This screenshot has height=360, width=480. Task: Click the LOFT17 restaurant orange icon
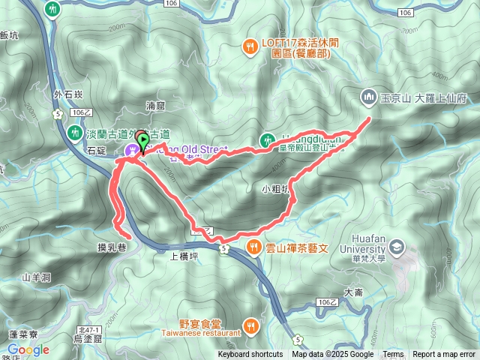249,47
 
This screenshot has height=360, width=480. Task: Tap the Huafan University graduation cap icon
396,247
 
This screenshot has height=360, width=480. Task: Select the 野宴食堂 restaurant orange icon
250,326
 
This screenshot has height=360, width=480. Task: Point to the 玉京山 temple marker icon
368,97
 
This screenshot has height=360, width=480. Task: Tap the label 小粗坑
276,188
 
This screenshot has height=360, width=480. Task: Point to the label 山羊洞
35,277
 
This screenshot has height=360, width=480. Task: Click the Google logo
28,349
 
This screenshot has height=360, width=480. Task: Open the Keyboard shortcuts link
250,355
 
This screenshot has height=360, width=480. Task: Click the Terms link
393,355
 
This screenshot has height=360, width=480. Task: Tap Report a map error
444,355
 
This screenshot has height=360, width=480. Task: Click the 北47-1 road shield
88,330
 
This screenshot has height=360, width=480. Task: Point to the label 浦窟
155,106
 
